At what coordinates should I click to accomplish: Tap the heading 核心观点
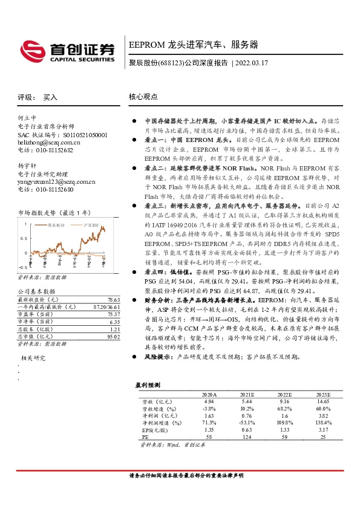click(x=143, y=96)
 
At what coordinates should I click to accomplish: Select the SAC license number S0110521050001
click(x=82, y=134)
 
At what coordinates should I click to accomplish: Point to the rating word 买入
click(x=50, y=97)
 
